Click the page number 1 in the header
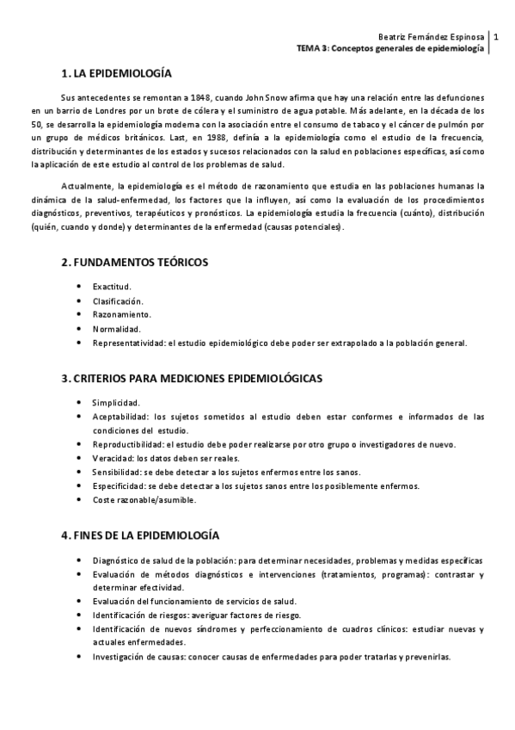coord(497,37)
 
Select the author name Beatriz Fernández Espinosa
coord(432,37)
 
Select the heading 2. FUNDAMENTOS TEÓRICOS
coord(134,262)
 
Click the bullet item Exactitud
coord(112,286)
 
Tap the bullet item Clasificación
coord(118,300)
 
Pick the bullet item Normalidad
coord(116,329)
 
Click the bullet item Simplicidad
coord(115,402)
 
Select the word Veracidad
coord(113,458)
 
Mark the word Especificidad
coord(118,486)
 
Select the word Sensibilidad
coord(116,472)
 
